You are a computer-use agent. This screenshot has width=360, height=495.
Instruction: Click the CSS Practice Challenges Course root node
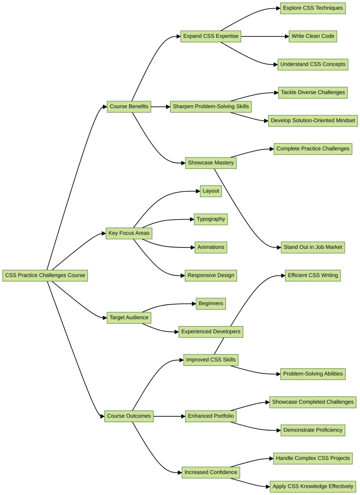(x=45, y=275)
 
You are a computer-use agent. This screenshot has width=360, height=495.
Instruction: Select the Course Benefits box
(x=129, y=107)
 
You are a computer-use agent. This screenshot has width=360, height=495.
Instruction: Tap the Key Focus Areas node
(x=129, y=233)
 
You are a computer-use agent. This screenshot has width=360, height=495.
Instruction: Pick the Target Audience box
(x=129, y=318)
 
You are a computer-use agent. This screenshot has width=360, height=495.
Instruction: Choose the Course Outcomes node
(x=129, y=416)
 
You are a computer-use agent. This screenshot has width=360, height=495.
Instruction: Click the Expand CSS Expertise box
(x=211, y=36)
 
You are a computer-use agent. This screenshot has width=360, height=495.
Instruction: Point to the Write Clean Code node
(x=313, y=36)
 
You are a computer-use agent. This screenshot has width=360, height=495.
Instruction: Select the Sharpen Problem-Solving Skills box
(x=211, y=107)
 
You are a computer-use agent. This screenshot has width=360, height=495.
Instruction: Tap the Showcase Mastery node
(x=211, y=163)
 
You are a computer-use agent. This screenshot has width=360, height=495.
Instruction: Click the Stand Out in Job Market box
(x=313, y=247)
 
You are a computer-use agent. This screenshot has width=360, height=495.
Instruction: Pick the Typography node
(x=211, y=219)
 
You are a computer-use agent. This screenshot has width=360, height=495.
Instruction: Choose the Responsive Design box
(x=211, y=275)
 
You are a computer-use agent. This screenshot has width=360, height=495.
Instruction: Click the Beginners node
(x=211, y=304)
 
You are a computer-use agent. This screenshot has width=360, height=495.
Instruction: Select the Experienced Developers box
(x=211, y=332)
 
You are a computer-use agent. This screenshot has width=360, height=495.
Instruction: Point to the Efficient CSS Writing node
(x=313, y=275)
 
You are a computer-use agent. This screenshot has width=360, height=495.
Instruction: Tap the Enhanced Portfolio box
(x=211, y=416)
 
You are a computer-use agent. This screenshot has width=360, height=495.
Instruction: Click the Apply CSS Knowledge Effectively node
(x=313, y=486)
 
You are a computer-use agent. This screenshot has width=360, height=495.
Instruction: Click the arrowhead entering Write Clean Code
(x=287, y=36)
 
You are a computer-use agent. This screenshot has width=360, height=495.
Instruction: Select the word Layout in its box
(x=211, y=191)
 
